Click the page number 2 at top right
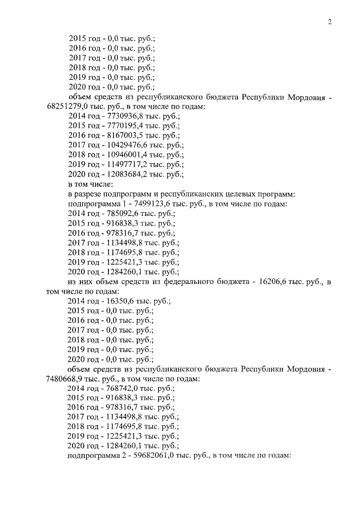click(x=330, y=22)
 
